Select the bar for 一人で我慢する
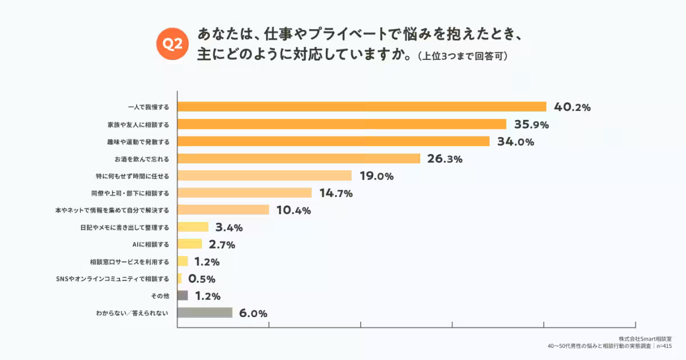362,107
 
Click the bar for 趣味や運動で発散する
333,141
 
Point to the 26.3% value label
445,159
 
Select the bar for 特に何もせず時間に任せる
264,175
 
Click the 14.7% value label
336,193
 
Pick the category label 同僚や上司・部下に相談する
130,193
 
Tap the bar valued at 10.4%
223,210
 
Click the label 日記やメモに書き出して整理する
125,227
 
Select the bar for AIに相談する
190,244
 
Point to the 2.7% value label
222,245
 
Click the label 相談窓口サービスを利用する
129,261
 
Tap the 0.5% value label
201,279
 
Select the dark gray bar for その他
182,295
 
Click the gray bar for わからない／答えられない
205,313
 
